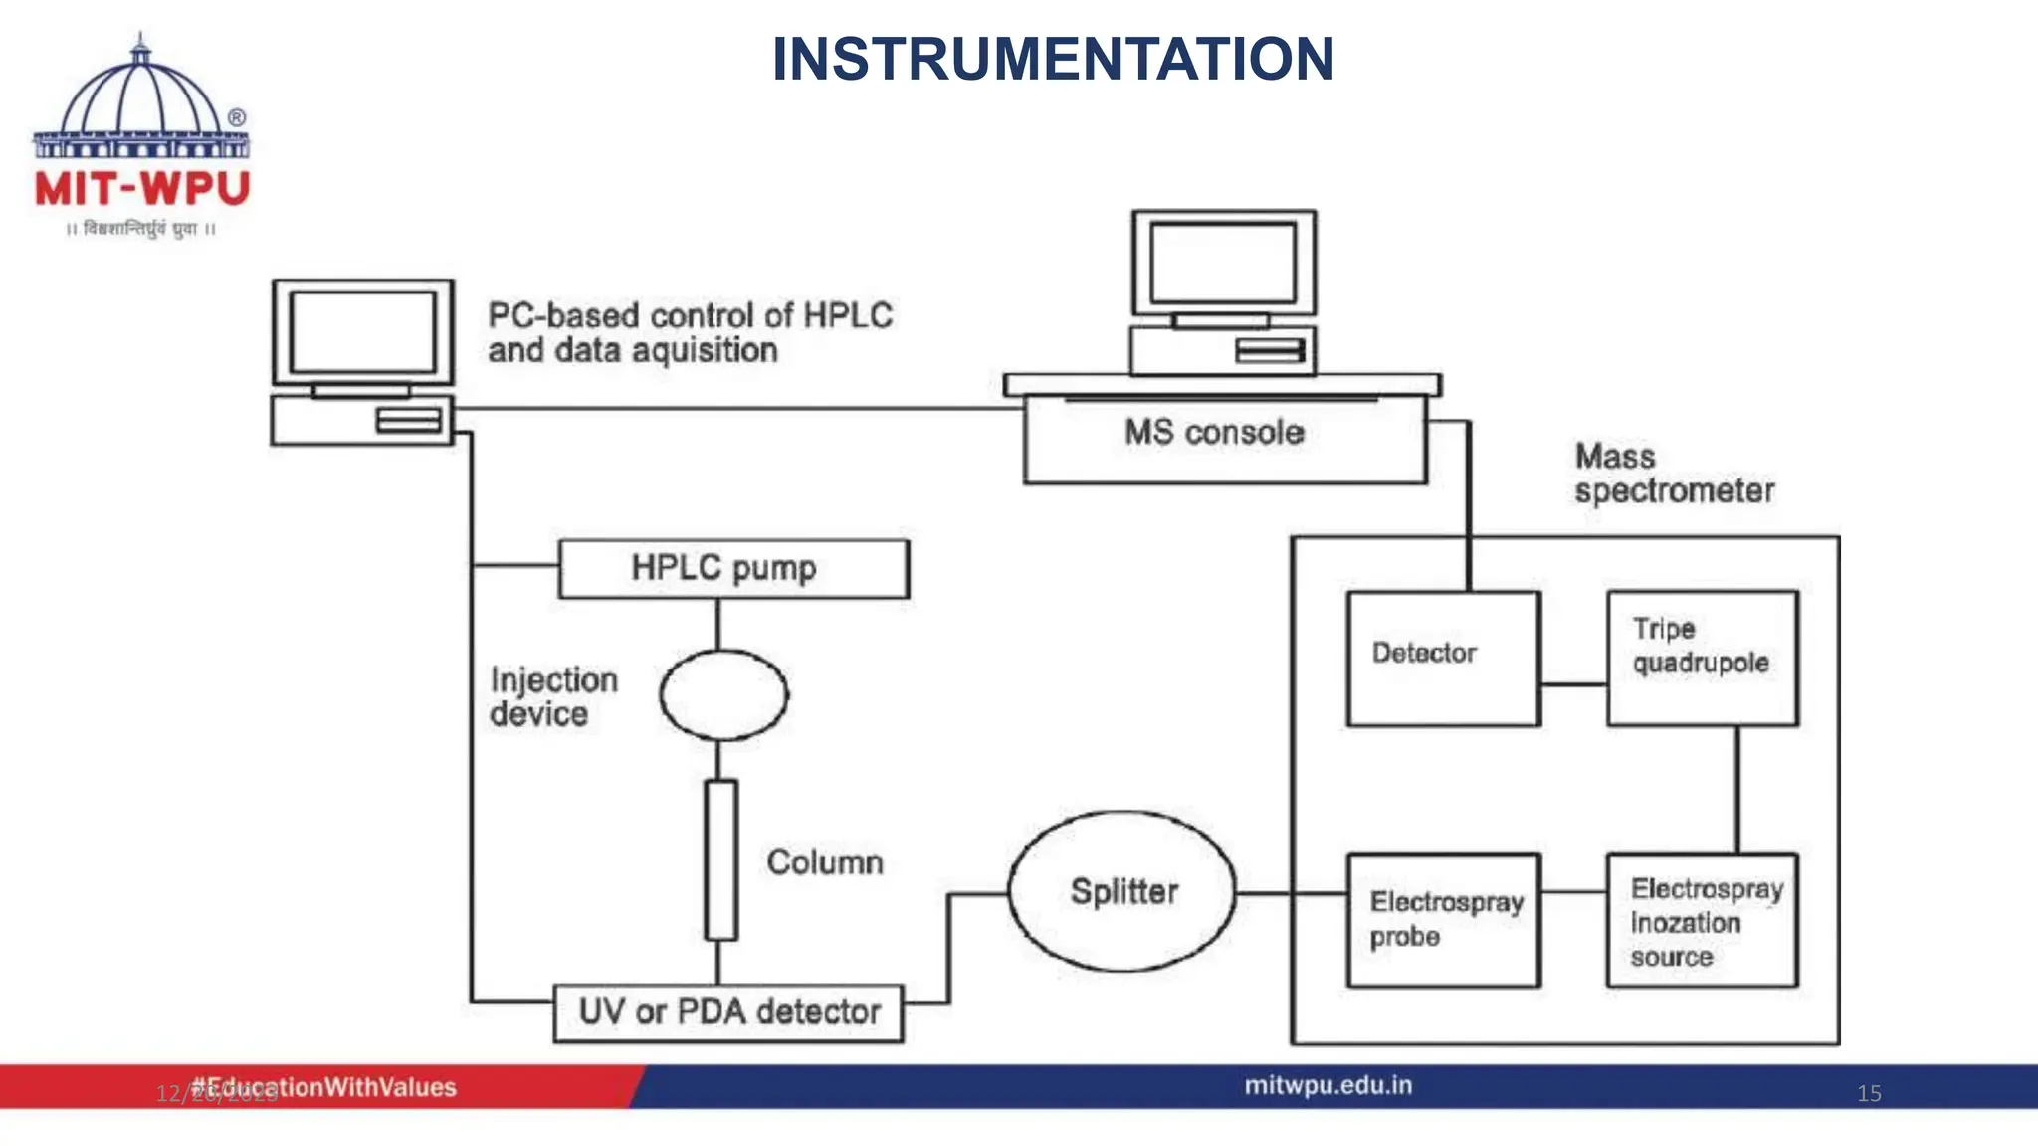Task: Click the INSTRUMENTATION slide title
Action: [x=1053, y=60]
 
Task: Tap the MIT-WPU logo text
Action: [x=142, y=188]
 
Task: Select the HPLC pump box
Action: [x=733, y=569]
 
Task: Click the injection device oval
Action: [x=723, y=695]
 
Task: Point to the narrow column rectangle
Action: [x=720, y=859]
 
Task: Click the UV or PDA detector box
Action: [x=728, y=1012]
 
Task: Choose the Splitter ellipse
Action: [x=1122, y=891]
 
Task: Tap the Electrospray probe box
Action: [x=1443, y=919]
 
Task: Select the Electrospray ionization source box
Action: [x=1702, y=921]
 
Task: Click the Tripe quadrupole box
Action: [x=1702, y=658]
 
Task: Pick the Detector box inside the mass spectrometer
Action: [x=1443, y=658]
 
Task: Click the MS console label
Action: [x=1214, y=433]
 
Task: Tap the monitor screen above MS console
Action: [x=1223, y=263]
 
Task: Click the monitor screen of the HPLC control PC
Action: [x=362, y=331]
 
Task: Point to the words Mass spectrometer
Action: [x=1674, y=474]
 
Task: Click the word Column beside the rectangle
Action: [x=825, y=862]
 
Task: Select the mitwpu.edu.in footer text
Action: [x=1327, y=1085]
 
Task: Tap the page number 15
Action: [x=1868, y=1093]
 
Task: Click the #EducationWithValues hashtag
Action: [x=323, y=1087]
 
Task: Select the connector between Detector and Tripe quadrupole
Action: [x=1573, y=684]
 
